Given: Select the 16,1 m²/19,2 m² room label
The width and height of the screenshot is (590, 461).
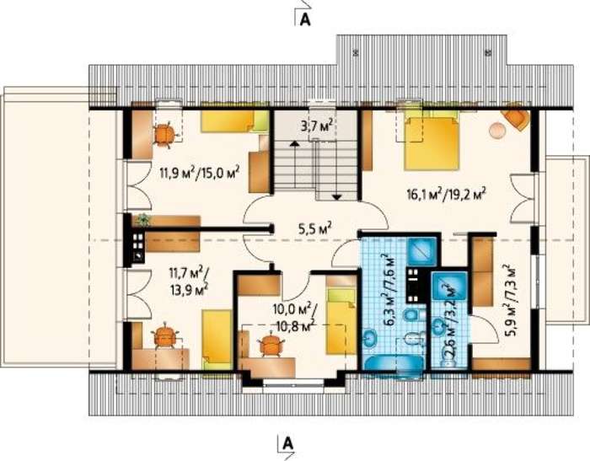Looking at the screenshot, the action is pyautogui.click(x=447, y=195).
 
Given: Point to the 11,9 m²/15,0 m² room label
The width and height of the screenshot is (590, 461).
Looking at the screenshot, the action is pyautogui.click(x=200, y=174).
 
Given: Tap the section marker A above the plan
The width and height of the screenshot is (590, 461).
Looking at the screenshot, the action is pyautogui.click(x=305, y=20).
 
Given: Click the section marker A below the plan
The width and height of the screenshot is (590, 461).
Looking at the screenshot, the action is pyautogui.click(x=288, y=443).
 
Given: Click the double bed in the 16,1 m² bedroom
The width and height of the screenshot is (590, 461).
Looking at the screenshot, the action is pyautogui.click(x=432, y=142).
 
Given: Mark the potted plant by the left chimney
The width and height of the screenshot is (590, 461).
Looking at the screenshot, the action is pyautogui.click(x=142, y=219).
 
